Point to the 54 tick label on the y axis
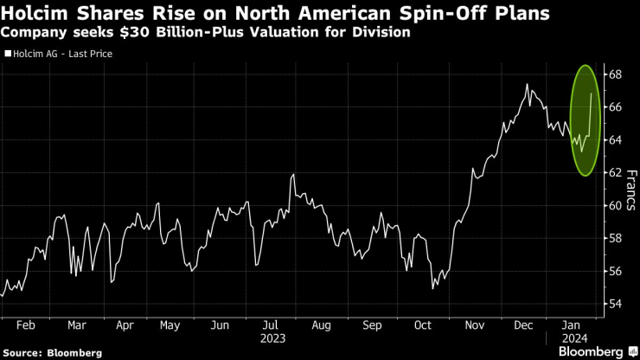[x=612, y=305]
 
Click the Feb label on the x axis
[x=25, y=327]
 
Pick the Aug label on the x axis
[x=321, y=327]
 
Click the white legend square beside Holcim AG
[x=7, y=54]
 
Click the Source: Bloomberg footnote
[x=53, y=353]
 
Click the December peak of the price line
[x=527, y=84]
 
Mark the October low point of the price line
[x=432, y=288]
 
